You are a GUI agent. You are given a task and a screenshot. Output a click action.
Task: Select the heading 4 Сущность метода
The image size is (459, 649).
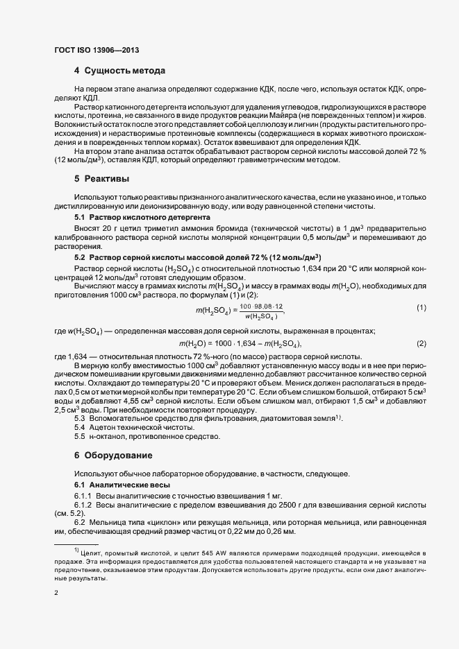(x=119, y=71)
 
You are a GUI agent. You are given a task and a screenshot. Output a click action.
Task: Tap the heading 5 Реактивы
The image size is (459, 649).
(x=101, y=179)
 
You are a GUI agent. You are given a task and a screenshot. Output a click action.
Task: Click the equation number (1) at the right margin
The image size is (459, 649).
(x=421, y=288)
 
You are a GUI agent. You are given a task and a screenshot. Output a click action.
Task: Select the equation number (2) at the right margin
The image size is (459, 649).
(x=421, y=324)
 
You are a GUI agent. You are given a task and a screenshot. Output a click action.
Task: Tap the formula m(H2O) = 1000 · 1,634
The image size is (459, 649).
(x=240, y=324)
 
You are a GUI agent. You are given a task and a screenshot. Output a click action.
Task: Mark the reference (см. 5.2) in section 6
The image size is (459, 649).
(x=69, y=512)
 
